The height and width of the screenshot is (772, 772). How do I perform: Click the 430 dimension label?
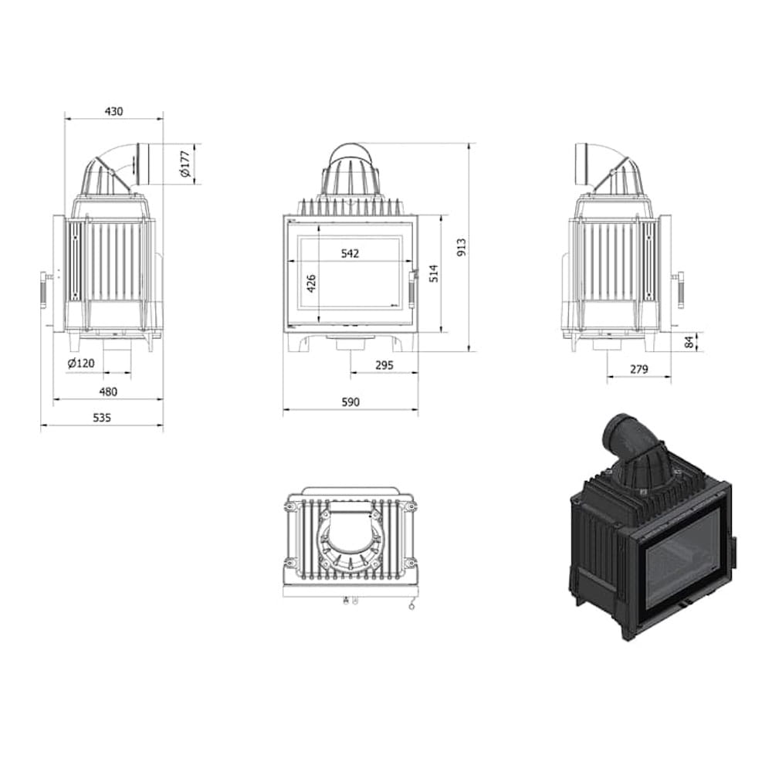[113, 111]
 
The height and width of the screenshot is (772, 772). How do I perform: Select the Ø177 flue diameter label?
[185, 164]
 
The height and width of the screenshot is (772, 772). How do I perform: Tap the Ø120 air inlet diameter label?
[80, 363]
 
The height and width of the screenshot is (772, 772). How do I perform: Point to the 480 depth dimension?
[108, 391]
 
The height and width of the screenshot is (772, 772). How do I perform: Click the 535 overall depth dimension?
[102, 418]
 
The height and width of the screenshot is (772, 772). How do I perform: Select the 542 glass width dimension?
[350, 253]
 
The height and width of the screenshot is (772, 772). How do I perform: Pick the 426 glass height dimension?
[312, 283]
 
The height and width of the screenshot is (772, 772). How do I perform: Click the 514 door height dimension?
[434, 273]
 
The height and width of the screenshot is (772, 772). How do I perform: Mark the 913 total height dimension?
[462, 246]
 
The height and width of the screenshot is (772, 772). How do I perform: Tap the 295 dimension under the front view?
[384, 365]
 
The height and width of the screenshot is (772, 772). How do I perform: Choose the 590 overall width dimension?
[350, 402]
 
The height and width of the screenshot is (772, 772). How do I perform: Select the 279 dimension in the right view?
[638, 369]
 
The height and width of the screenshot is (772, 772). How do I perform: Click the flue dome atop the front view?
[350, 171]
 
